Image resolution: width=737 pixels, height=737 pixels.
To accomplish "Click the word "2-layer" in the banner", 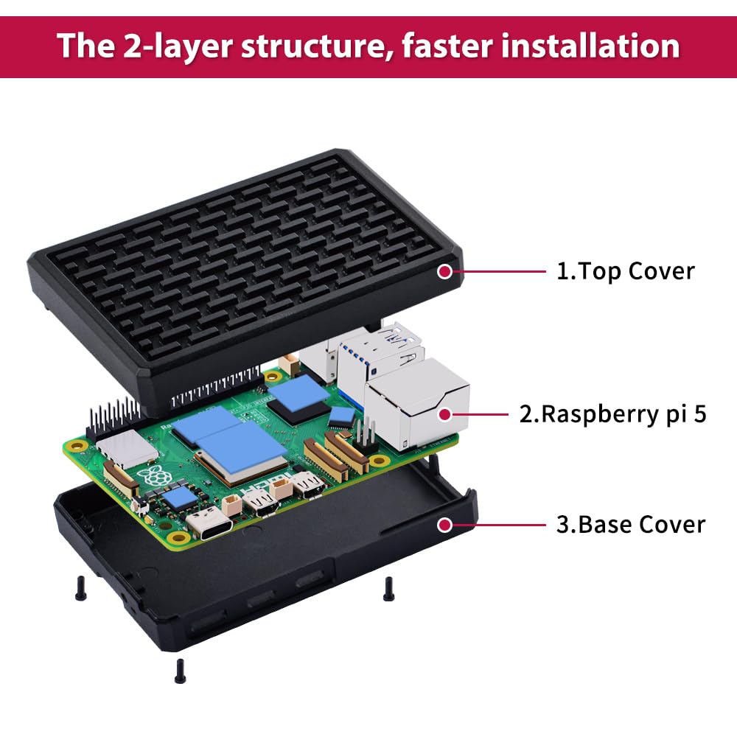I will coord(175,46).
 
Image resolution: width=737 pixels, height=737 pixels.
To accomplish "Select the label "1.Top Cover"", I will coord(625,271).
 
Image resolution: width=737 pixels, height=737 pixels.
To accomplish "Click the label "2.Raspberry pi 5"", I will coord(612,414).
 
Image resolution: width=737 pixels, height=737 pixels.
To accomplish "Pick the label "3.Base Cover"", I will coord(630,525).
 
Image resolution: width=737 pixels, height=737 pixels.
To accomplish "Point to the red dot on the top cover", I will coord(444,271).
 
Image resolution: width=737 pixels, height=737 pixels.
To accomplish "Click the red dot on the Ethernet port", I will coord(444,414).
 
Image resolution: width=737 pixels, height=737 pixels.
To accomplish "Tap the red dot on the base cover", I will coord(444,525).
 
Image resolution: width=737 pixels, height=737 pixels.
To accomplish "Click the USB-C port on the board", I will coord(210,524).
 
